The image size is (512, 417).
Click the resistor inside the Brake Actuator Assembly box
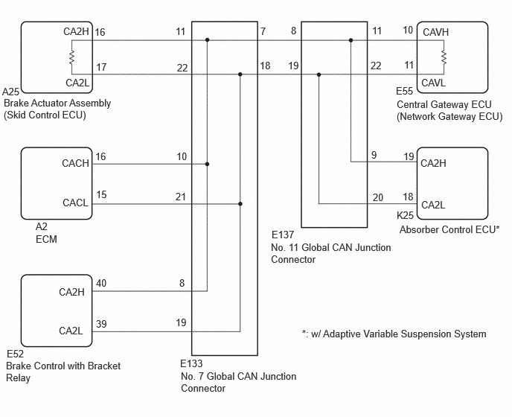[x=72, y=57]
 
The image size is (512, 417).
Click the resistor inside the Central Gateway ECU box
[x=444, y=57]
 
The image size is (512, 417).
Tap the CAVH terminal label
[x=435, y=32]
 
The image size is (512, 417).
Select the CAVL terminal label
[x=434, y=83]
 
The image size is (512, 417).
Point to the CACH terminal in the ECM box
[x=75, y=163]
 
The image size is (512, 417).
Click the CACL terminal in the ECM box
[x=75, y=203]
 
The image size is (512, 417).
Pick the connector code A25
[x=10, y=92]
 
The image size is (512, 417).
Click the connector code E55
[x=404, y=91]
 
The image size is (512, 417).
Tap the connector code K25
[x=405, y=215]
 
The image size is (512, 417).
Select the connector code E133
[x=192, y=363]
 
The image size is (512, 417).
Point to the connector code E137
[x=283, y=235]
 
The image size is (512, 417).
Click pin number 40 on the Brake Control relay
[x=101, y=284]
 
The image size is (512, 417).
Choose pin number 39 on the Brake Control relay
[x=101, y=324]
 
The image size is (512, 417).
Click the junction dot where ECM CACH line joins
[x=207, y=164]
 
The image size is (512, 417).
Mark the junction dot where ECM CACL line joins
[x=240, y=204]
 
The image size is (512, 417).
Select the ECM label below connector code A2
[x=46, y=239]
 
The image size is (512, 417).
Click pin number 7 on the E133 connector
[x=263, y=31]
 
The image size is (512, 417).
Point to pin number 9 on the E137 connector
[x=374, y=155]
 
